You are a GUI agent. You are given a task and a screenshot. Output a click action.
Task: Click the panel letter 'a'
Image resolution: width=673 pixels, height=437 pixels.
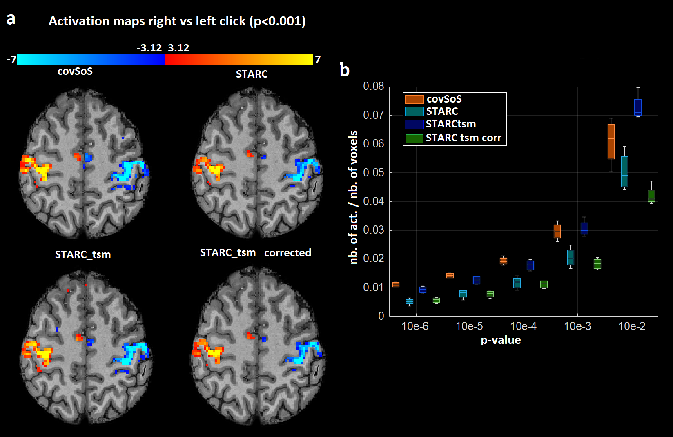click(11, 19)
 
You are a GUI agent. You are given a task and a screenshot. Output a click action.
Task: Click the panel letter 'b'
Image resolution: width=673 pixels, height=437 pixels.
click(345, 70)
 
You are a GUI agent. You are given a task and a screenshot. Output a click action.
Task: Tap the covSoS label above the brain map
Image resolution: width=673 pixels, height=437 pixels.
click(75, 71)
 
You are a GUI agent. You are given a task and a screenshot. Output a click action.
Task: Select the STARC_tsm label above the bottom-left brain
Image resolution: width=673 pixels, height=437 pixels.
click(83, 255)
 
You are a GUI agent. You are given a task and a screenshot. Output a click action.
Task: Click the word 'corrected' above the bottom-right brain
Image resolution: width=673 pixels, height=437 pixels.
click(287, 253)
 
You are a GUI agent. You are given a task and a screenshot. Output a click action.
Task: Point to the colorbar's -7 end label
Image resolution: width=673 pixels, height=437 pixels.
click(11, 60)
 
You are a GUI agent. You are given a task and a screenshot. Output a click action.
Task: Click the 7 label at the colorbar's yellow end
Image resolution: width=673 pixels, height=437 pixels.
click(318, 60)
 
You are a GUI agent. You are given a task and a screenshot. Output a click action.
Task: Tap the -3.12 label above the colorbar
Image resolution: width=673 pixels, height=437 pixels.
click(149, 48)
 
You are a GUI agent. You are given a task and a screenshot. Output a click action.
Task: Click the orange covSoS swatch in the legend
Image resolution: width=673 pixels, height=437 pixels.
click(414, 99)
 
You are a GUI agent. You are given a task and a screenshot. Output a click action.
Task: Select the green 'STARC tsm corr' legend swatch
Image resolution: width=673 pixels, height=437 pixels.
click(414, 138)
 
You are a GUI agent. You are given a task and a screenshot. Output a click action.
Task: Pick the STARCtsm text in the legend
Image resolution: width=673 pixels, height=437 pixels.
click(451, 124)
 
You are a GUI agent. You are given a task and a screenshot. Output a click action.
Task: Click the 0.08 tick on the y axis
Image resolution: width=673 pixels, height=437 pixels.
click(374, 86)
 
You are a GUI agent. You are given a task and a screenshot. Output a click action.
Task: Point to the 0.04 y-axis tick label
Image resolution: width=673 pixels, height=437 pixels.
click(374, 201)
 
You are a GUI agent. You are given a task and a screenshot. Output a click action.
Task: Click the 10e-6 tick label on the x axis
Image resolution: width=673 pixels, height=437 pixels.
click(415, 326)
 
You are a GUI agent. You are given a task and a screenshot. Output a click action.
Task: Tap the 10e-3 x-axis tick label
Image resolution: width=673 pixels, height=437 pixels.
click(577, 326)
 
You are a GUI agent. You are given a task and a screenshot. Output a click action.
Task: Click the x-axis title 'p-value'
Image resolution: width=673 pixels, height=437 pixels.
click(501, 340)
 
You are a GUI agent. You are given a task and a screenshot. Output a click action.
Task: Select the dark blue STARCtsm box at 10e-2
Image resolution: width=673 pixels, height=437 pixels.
click(638, 107)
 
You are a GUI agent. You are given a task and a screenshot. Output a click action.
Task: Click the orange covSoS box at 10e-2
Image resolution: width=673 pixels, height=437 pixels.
click(611, 141)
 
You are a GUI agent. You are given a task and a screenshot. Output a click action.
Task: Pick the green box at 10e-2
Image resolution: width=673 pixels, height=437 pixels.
click(651, 196)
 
